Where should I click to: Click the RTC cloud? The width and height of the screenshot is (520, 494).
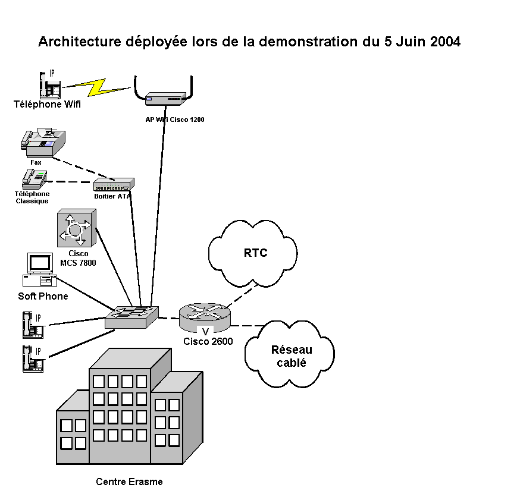pyautogui.click(x=253, y=252)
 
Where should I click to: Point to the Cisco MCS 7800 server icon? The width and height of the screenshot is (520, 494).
pyautogui.click(x=76, y=228)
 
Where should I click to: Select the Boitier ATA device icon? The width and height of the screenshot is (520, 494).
pyautogui.click(x=113, y=184)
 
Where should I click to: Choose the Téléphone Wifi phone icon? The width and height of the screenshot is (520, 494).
pyautogui.click(x=49, y=85)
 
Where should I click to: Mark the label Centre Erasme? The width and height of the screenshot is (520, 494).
pyautogui.click(x=129, y=482)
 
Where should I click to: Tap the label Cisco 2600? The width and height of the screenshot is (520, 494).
pyautogui.click(x=208, y=341)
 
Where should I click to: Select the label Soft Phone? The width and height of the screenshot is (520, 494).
pyautogui.click(x=43, y=296)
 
